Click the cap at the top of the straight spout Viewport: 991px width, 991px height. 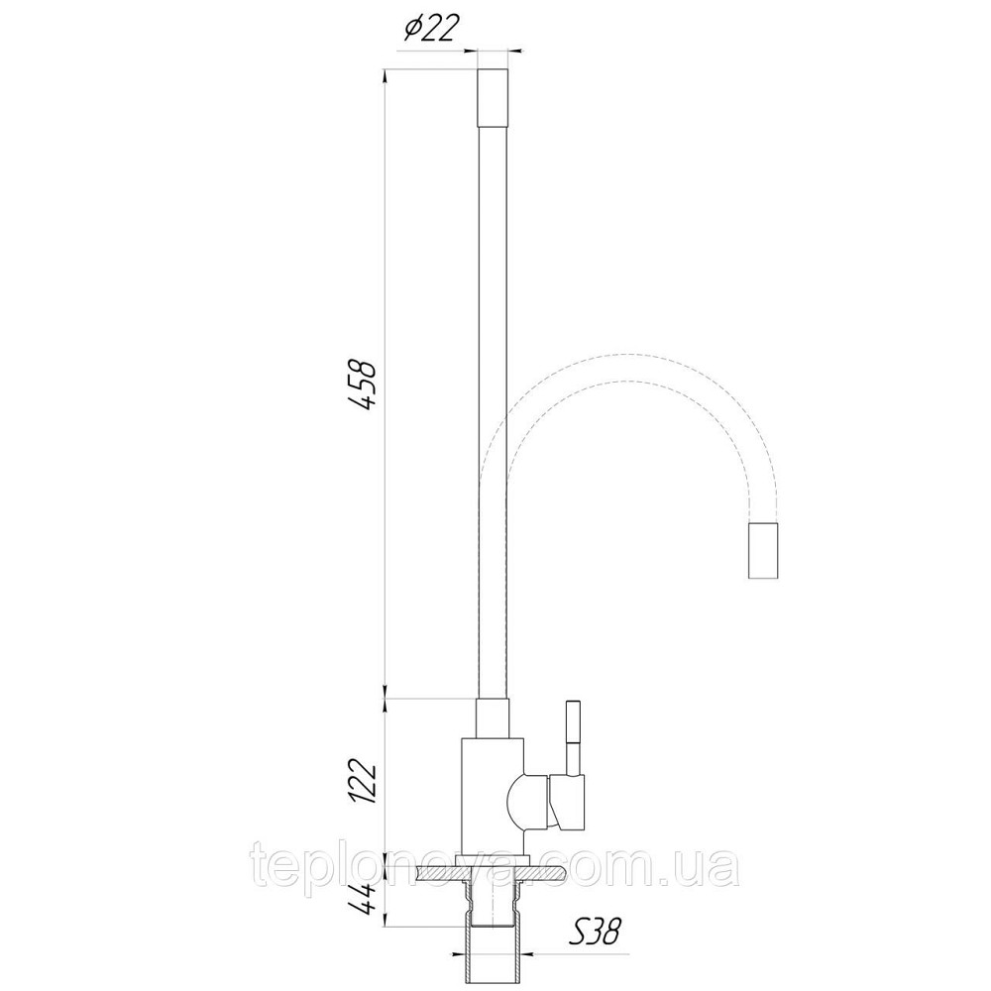point(493,97)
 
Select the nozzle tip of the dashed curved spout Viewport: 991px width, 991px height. point(762,550)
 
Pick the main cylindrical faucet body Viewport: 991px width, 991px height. point(493,797)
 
